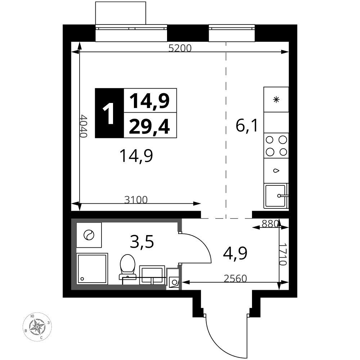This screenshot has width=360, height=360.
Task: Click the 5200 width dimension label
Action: [x=180, y=48]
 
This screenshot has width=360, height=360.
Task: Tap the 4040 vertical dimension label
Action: [x=84, y=126]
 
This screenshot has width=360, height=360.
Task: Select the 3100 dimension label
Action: [x=136, y=200]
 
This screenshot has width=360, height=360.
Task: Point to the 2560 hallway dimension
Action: [x=235, y=279]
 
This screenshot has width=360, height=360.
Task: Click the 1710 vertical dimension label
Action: [x=283, y=255]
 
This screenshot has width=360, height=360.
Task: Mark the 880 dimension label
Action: [x=270, y=224]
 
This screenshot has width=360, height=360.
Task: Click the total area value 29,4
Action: [x=149, y=127]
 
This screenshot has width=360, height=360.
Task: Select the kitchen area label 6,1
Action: [x=247, y=126]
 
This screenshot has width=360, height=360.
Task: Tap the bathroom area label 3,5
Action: [x=141, y=242]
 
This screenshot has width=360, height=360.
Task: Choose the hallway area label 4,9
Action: [x=235, y=253]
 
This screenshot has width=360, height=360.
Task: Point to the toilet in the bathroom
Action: [x=127, y=267]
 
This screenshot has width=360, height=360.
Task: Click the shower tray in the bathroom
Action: [x=92, y=269]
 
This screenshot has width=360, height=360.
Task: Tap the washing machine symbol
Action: [x=89, y=235]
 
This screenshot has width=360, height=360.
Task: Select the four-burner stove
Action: [x=276, y=145]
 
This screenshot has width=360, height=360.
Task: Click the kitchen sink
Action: [x=276, y=196]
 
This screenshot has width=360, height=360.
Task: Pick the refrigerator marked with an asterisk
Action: [x=276, y=99]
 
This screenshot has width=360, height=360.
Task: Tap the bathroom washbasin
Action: [x=152, y=275]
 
